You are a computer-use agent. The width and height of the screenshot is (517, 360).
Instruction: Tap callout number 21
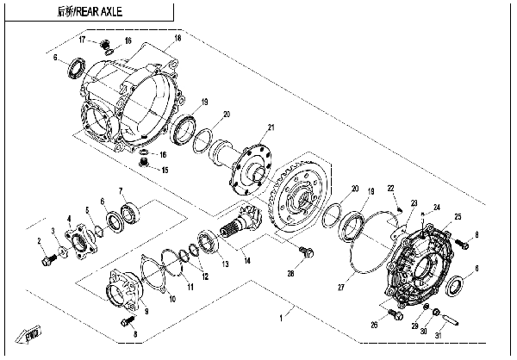tap(270, 128)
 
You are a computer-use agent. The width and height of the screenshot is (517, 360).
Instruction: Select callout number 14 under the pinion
tap(247, 259)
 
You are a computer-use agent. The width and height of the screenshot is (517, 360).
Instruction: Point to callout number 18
tap(178, 39)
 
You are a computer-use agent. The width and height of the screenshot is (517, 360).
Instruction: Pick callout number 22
tap(390, 189)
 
